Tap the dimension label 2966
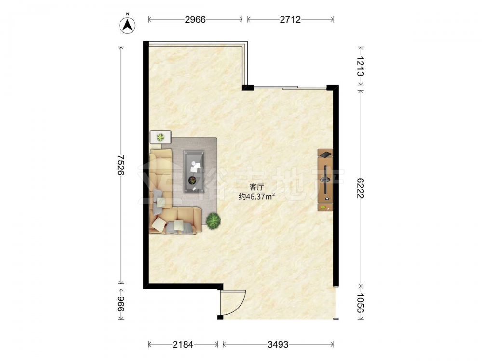pyautogui.click(x=195, y=20)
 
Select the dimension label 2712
pyautogui.click(x=290, y=20)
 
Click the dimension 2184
pyautogui.click(x=183, y=345)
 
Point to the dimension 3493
pyautogui.click(x=278, y=345)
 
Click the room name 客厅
pyautogui.click(x=257, y=187)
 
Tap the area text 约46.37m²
pyautogui.click(x=257, y=197)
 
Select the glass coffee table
pyautogui.click(x=194, y=172)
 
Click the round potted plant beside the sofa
pyautogui.click(x=214, y=220)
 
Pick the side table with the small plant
pyautogui.click(x=161, y=137)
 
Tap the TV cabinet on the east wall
pyautogui.click(x=325, y=180)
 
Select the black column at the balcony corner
pyautogui.click(x=248, y=88)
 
